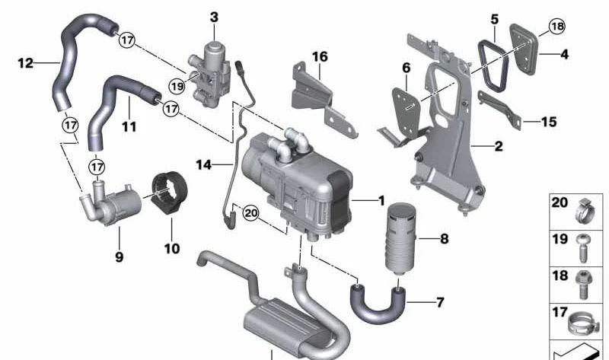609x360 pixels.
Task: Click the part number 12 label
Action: (x=26, y=62)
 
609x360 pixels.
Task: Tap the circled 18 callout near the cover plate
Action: (x=557, y=27)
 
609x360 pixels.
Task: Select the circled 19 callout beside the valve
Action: (x=177, y=86)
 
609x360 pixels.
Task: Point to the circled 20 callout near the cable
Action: (x=251, y=213)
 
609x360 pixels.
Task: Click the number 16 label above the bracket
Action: (x=320, y=56)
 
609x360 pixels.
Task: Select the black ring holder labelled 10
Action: (x=169, y=193)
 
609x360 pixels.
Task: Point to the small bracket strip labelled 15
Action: (x=499, y=110)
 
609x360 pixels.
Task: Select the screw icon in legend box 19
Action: (x=583, y=248)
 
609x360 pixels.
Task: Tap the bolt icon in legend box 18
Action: (x=582, y=285)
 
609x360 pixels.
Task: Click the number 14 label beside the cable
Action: (x=203, y=164)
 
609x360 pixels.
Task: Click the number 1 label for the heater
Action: (x=381, y=200)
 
